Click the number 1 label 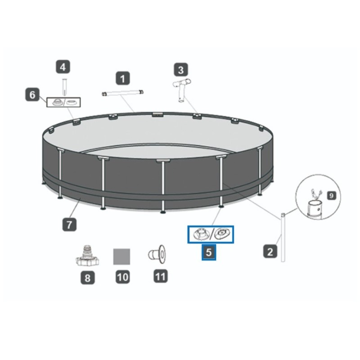tap(122, 78)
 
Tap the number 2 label tap(270, 251)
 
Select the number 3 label tap(181, 70)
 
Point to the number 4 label tap(63, 67)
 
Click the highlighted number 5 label tap(209, 252)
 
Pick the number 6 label tap(32, 94)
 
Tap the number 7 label tap(69, 224)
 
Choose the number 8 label tap(87, 278)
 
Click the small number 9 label tap(331, 196)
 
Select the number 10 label tap(122, 277)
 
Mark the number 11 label tap(161, 276)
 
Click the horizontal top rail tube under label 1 tap(122, 93)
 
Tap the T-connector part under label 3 tap(182, 90)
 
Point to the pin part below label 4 tap(64, 87)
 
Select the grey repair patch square tap(121, 256)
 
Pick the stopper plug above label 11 tap(157, 254)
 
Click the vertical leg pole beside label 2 tap(283, 238)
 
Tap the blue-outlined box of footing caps tap(211, 234)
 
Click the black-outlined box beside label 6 tap(63, 102)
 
